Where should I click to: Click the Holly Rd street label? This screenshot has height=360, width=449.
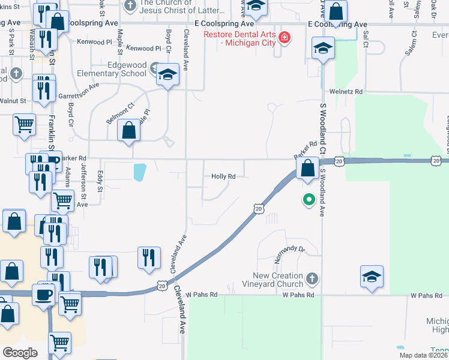223,176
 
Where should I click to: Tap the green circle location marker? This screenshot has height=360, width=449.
309,199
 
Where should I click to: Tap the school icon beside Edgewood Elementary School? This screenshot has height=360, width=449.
167,74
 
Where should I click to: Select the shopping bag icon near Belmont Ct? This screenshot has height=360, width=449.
129,130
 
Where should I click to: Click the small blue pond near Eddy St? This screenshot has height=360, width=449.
139,173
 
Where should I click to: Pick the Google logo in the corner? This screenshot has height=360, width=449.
20,352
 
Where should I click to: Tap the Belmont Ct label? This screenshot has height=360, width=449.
118,113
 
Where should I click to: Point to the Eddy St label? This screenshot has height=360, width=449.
100,182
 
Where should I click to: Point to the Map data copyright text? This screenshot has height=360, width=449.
423,355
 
